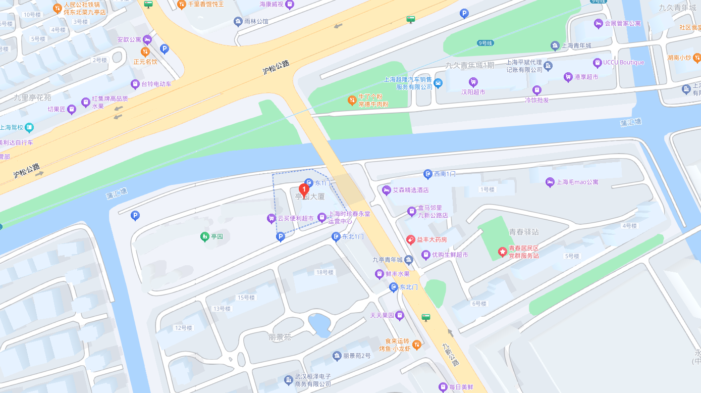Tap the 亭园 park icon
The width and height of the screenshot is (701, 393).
point(204,236)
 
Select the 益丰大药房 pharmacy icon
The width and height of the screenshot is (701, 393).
point(411,239)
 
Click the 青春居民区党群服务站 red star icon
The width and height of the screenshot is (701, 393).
point(502,252)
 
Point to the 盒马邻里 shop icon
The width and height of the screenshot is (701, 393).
point(411,211)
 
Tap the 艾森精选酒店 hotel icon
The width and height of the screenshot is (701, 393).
point(387,190)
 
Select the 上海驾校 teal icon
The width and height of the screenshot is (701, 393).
point(30,127)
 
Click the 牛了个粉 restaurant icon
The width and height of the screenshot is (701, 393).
point(352,100)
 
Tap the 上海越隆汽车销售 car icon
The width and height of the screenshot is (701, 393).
point(438,83)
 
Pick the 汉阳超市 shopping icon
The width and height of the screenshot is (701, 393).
point(473,82)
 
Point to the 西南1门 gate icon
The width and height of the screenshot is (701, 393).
point(427,174)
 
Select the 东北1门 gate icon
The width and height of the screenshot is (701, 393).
point(336,236)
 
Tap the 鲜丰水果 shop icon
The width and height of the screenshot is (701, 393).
point(380,274)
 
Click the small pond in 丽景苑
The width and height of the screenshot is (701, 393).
point(319,324)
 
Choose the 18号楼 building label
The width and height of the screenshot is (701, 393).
point(325,272)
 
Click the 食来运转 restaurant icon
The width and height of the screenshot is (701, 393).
point(416,345)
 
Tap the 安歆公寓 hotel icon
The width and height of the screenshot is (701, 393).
point(147,39)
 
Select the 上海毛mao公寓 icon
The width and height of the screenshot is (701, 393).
point(550,182)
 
